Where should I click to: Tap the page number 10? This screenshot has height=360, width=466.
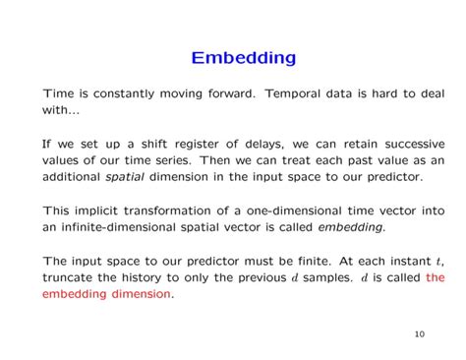[419, 333]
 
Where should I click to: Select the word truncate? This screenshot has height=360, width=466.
[71, 276]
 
